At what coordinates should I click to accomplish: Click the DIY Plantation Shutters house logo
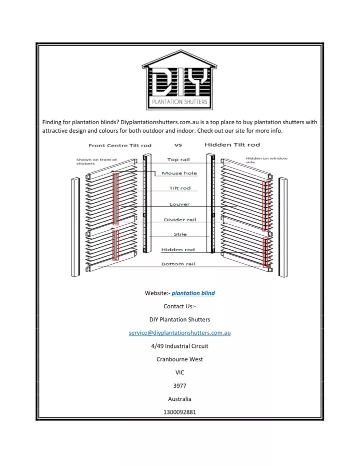(179, 80)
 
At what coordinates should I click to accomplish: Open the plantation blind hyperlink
(193, 293)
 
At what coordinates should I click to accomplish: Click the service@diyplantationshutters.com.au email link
(179, 333)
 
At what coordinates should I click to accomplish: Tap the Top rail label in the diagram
(178, 160)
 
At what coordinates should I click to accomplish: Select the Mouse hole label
(179, 173)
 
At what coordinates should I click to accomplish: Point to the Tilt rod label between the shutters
(180, 188)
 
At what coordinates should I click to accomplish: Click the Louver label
(179, 204)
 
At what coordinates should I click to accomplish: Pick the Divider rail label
(180, 220)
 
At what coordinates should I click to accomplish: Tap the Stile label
(180, 234)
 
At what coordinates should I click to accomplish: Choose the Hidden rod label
(178, 250)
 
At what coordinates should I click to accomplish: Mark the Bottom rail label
(178, 264)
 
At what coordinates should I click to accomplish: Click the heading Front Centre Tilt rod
(120, 145)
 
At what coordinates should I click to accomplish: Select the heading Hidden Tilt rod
(232, 145)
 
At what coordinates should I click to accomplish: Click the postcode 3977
(179, 386)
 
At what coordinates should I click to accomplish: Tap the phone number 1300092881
(179, 412)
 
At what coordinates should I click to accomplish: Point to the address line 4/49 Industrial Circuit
(179, 346)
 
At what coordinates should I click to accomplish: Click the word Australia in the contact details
(179, 399)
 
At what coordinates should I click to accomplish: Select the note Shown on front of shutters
(96, 161)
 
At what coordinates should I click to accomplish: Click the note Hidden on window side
(266, 160)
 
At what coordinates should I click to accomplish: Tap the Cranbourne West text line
(179, 359)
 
